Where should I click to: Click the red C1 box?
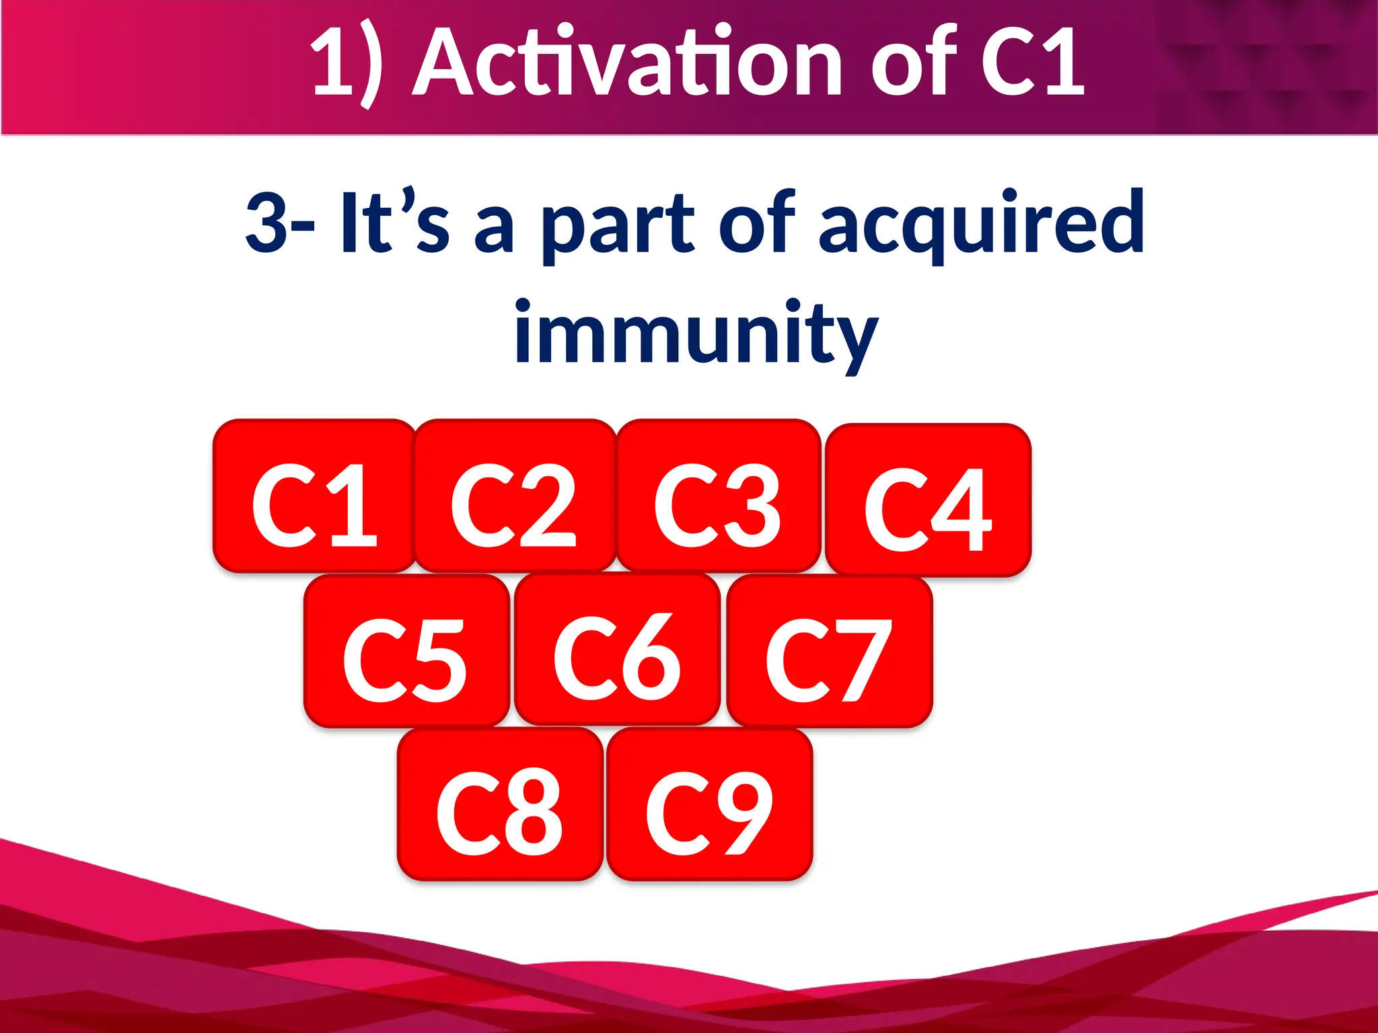[x=314, y=496]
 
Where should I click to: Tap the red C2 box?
[x=515, y=496]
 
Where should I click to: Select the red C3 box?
[x=718, y=496]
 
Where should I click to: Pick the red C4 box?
[x=928, y=500]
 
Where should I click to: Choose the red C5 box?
[x=406, y=651]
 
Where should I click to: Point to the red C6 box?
[x=617, y=650]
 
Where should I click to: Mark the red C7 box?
[x=829, y=651]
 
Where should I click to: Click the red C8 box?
[x=499, y=804]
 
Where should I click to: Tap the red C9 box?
[x=709, y=804]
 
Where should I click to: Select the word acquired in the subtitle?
[x=981, y=223]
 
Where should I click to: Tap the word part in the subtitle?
[x=618, y=225]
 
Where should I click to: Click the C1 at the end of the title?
[x=1032, y=64]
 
